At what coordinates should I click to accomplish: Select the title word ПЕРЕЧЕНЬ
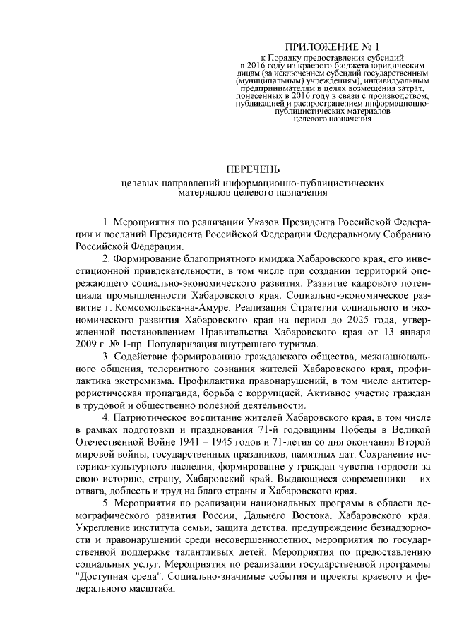coord(252,169)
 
